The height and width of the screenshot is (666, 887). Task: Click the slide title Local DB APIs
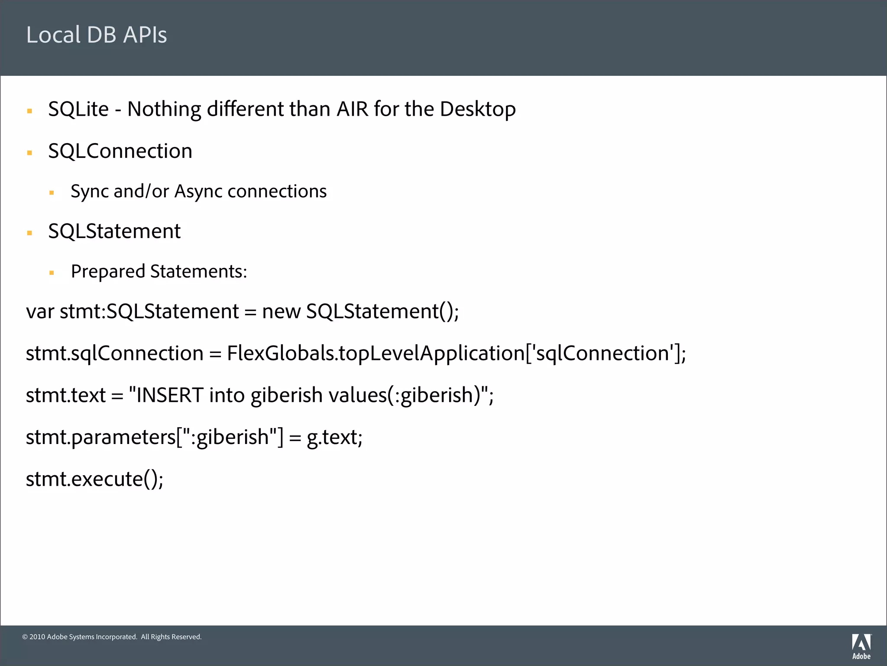97,35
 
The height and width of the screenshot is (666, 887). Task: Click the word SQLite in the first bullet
78,109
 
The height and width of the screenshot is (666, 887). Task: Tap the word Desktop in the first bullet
478,109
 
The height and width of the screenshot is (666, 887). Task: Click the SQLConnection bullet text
120,151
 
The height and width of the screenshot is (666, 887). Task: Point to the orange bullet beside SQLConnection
29,153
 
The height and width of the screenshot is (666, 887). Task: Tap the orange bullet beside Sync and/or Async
52,193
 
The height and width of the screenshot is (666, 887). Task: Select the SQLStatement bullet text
114,231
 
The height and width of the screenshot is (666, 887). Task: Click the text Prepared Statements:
159,271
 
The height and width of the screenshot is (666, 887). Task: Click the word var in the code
40,311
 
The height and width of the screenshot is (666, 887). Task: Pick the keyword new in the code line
281,311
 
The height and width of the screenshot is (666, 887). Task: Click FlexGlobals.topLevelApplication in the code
376,353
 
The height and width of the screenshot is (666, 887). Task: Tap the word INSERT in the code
169,395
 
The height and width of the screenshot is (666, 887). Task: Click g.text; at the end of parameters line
334,437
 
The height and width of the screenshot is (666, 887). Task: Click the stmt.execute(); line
94,479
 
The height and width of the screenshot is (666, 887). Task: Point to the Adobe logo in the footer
861,646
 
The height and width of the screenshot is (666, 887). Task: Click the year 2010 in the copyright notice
37,637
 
